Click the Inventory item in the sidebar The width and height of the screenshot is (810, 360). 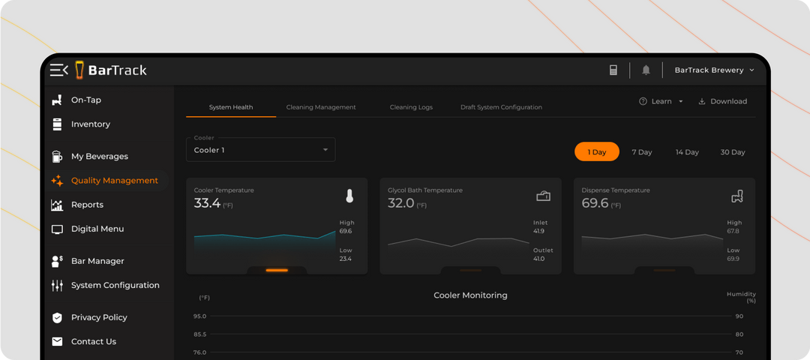[x=90, y=124]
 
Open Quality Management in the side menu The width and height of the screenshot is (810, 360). [x=114, y=181]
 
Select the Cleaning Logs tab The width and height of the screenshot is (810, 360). [x=411, y=107]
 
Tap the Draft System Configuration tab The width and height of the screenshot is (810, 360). [x=501, y=107]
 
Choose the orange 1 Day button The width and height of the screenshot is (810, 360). [x=597, y=152]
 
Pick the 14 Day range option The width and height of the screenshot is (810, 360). [x=686, y=152]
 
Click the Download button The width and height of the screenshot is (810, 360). [x=723, y=101]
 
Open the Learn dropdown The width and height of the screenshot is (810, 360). [x=661, y=101]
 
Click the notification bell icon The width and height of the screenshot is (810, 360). [x=646, y=70]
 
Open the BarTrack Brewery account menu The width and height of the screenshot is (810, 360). [x=713, y=70]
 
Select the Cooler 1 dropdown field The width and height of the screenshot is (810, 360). [x=260, y=149]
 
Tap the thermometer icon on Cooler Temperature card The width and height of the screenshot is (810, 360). [x=349, y=196]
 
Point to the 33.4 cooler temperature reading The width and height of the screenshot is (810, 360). [x=207, y=203]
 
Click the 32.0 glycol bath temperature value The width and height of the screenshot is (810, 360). [x=401, y=203]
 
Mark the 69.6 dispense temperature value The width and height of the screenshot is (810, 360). [x=595, y=203]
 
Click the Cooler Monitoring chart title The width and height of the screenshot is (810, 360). [x=470, y=295]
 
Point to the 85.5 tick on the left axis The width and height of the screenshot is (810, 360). [x=199, y=334]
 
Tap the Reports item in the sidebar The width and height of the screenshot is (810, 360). [x=87, y=205]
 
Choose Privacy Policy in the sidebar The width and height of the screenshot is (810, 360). [x=99, y=317]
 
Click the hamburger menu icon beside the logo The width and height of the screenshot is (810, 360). [x=58, y=70]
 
